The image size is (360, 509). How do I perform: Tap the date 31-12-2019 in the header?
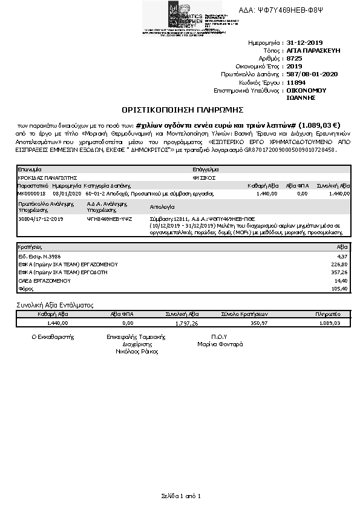click(x=306, y=44)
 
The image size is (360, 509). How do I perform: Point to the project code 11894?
click(x=296, y=82)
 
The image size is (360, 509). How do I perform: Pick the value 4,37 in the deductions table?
click(x=342, y=257)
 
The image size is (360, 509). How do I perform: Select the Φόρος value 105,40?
click(x=340, y=289)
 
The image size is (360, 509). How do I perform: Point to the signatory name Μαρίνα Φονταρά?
click(x=220, y=344)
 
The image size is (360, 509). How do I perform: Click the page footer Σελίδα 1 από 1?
click(x=180, y=496)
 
